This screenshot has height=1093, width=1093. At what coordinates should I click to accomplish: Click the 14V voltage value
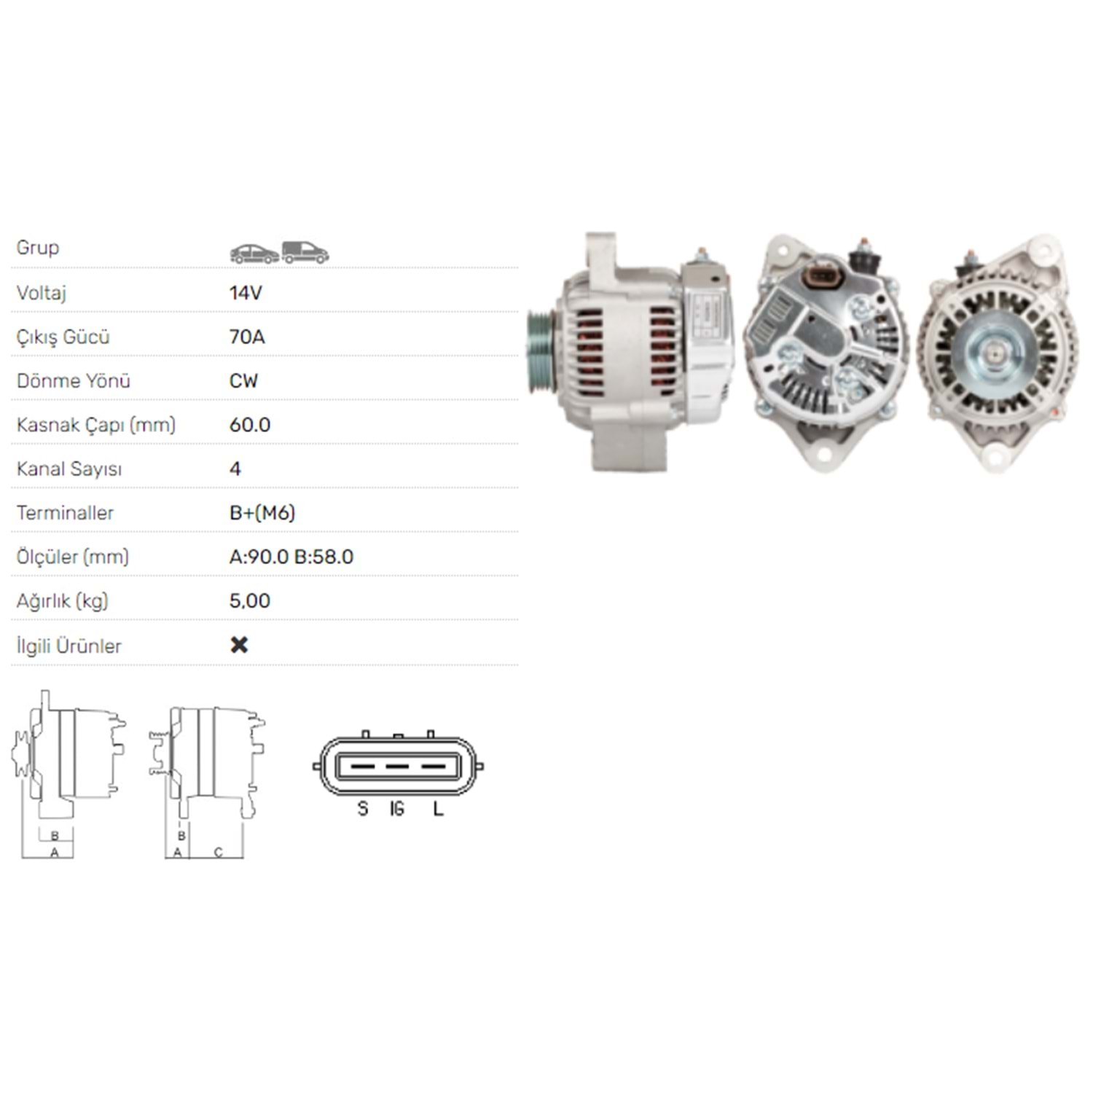[246, 293]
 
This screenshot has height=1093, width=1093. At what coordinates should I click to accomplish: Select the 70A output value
[247, 337]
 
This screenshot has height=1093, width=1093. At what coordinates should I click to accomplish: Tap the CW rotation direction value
[243, 380]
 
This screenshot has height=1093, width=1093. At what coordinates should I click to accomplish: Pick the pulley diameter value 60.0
[250, 425]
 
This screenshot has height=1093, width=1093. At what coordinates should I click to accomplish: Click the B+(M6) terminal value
[262, 513]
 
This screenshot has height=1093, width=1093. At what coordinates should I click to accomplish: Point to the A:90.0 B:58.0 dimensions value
[291, 557]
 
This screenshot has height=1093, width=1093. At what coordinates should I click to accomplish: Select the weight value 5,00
[250, 601]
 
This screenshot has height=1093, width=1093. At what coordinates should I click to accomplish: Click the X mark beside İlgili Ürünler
[239, 645]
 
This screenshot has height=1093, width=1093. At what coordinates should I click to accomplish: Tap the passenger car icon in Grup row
[254, 254]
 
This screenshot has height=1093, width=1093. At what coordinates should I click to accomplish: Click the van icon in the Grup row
[305, 252]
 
